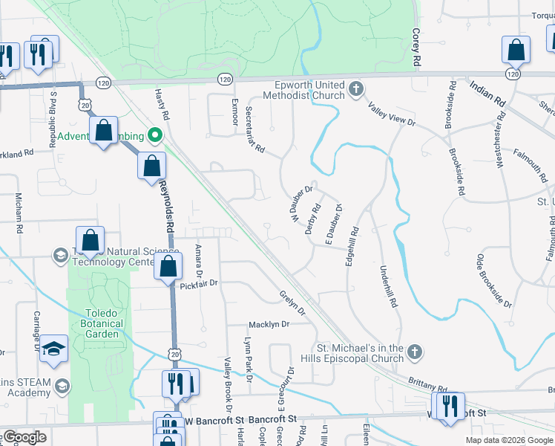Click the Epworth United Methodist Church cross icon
coord(356,90)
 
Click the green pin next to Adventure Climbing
coord(155,136)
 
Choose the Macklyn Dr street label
coord(268,325)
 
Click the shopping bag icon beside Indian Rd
coord(516,51)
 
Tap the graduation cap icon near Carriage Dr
coord(53,349)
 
